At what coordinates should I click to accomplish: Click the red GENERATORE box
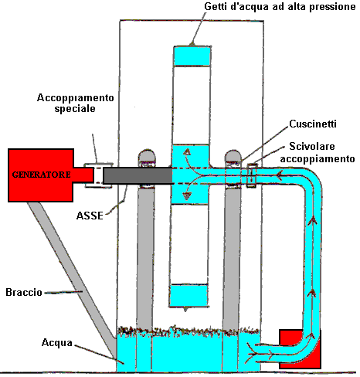(41, 175)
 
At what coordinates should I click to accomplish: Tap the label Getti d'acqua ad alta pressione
(280, 7)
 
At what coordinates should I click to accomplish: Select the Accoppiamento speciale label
(75, 103)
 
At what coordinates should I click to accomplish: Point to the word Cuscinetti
(313, 124)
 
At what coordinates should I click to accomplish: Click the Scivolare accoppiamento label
(318, 152)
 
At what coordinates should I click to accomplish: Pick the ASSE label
(90, 216)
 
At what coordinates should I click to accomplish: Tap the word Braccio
(24, 292)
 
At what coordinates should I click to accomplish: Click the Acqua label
(57, 342)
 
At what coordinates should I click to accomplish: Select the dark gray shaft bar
(138, 175)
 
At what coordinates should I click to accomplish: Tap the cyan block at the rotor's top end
(192, 56)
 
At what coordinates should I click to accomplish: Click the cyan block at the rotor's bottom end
(188, 296)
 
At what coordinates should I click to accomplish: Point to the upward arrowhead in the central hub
(187, 151)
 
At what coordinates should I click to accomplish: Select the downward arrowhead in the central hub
(187, 196)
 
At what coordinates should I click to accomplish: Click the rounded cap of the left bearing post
(147, 155)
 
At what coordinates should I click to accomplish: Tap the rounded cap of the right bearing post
(233, 156)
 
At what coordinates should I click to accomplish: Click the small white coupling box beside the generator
(98, 175)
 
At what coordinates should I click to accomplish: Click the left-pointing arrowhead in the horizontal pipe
(279, 175)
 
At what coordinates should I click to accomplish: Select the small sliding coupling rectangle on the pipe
(252, 175)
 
